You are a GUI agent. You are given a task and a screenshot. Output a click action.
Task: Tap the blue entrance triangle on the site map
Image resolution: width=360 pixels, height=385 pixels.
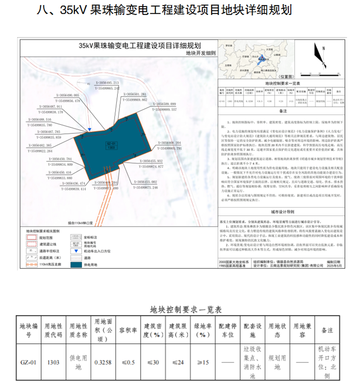[x=90, y=129]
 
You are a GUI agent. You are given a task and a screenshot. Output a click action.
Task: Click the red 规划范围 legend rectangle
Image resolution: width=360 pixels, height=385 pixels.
[x=32, y=237]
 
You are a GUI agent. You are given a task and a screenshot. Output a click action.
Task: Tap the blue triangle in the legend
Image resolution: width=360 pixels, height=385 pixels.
[x=75, y=251]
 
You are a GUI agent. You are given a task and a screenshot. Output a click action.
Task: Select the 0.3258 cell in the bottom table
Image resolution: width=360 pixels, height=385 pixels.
[x=103, y=363]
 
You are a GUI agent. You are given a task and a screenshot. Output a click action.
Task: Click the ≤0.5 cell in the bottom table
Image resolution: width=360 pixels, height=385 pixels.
[x=128, y=363]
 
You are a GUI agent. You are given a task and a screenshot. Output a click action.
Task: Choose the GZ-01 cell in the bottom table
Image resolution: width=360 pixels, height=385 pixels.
[x=28, y=363]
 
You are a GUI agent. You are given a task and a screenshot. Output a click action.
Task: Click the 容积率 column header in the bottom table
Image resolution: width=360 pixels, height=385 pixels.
[x=128, y=330]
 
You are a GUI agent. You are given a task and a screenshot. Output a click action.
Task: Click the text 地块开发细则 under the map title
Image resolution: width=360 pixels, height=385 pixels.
[x=201, y=53]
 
